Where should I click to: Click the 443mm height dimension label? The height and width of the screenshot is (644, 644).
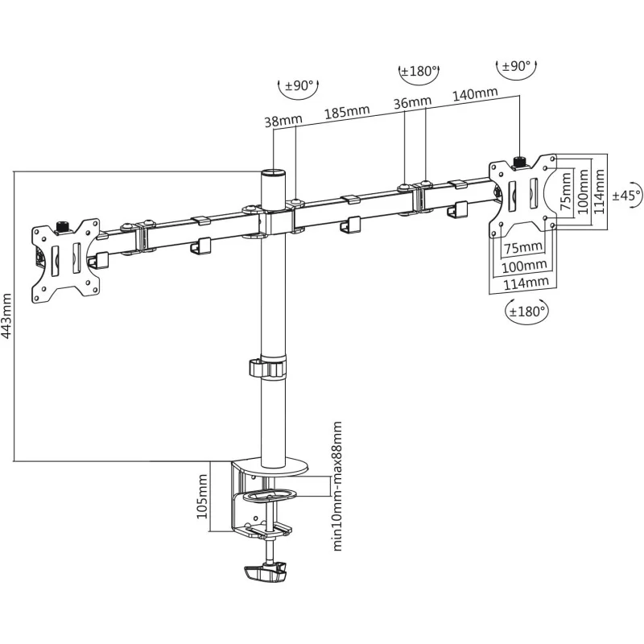[x=7, y=316]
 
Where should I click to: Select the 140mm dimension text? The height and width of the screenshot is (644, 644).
[x=474, y=93]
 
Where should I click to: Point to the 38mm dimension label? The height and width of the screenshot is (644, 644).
[x=283, y=121]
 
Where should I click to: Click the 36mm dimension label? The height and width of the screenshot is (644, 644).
[x=412, y=103]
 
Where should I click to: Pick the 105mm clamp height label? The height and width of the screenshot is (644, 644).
[x=203, y=496]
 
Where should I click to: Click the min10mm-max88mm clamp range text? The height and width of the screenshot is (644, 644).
[x=338, y=485]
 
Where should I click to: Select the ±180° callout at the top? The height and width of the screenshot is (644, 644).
[x=419, y=72]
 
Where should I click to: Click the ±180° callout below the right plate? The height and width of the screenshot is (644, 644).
[x=526, y=310]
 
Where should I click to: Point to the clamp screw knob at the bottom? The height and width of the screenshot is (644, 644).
[x=264, y=573]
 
